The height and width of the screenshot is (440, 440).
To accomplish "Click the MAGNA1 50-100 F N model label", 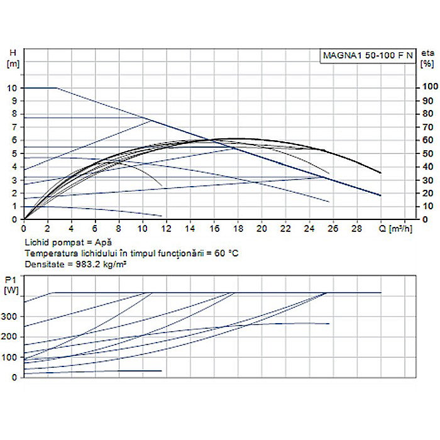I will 368,55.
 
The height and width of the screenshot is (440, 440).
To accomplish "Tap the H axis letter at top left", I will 12,53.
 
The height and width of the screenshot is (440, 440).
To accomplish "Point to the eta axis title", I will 428,53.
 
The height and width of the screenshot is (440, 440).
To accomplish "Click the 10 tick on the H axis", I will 13,88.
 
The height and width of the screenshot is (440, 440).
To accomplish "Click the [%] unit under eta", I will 428,63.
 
